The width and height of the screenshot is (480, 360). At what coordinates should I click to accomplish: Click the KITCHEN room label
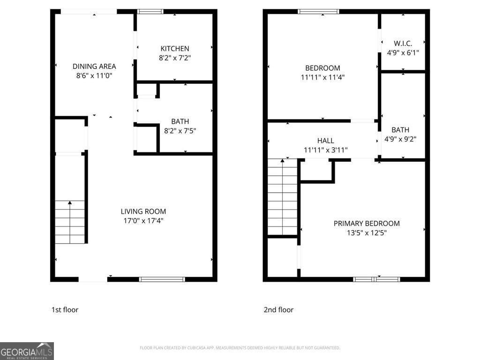point(175,49)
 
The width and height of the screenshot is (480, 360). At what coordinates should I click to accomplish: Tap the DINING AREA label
point(94,67)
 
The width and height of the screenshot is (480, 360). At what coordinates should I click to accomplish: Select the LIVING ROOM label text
point(143,211)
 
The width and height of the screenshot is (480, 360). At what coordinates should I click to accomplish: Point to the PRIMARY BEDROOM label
point(367,224)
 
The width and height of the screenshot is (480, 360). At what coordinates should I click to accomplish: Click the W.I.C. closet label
point(403,44)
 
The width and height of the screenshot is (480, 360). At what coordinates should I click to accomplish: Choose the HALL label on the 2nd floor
point(325,141)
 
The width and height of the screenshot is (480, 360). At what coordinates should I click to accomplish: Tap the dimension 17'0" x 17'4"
point(143,220)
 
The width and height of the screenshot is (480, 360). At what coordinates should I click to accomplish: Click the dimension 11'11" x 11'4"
point(322,77)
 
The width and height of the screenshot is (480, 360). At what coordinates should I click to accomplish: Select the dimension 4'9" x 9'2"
point(400,139)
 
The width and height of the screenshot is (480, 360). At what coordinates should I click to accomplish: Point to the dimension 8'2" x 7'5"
point(180,131)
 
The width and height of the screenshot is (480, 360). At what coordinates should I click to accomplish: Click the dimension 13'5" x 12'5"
point(367,232)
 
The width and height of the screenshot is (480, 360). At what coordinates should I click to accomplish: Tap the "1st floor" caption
point(65,309)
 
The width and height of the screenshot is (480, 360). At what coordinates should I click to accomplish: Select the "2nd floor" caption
point(278,309)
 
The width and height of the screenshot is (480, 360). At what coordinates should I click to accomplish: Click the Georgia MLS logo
point(27,351)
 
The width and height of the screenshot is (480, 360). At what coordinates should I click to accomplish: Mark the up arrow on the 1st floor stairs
point(70,203)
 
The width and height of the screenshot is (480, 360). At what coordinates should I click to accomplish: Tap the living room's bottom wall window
point(162,279)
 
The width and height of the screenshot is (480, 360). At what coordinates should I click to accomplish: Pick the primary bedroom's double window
point(376,279)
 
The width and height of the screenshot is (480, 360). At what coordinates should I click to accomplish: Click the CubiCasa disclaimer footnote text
point(240,348)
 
